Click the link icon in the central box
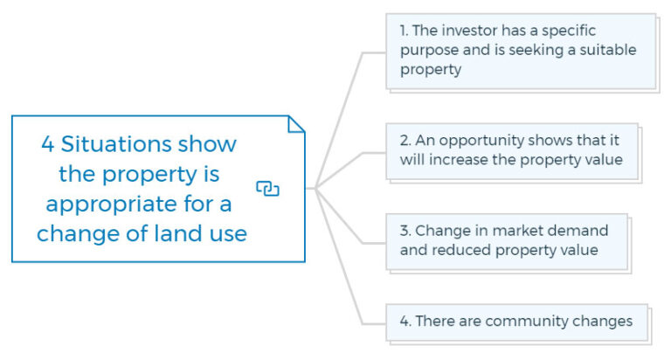point(267,188)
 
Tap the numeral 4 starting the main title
point(47,143)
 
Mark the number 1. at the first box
point(405,31)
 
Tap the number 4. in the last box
point(405,322)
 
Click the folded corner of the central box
point(296,124)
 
